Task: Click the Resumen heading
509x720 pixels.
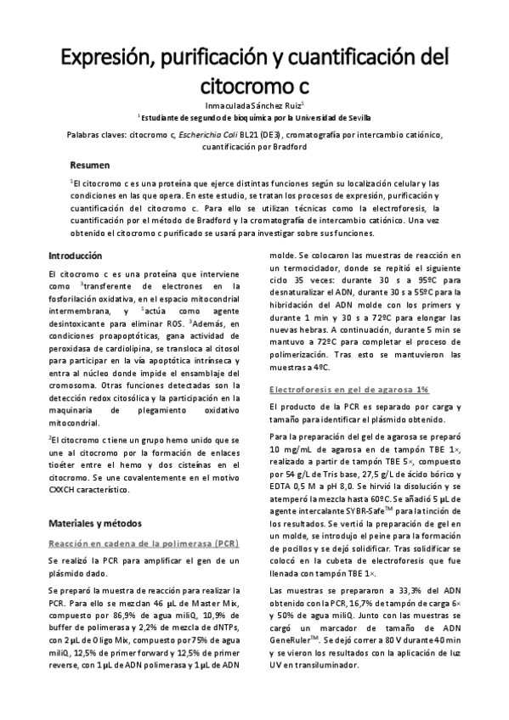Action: point(89,165)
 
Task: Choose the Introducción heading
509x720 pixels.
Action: point(75,256)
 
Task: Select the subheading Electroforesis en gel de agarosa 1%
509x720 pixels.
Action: point(348,389)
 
